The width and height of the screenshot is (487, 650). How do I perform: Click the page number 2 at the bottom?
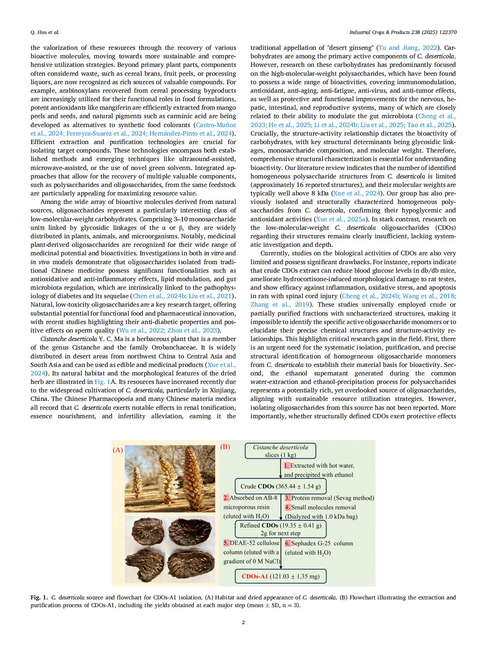(x=243, y=622)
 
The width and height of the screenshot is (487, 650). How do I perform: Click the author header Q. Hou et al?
(x=45, y=32)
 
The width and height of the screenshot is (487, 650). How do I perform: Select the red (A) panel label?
(x=118, y=450)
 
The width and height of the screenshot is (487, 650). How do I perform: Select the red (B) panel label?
(x=225, y=447)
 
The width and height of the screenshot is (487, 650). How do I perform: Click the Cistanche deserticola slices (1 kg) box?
(x=281, y=451)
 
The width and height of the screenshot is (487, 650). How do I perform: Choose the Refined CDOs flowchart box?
(x=281, y=529)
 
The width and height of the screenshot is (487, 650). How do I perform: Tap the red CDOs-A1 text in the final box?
(x=255, y=576)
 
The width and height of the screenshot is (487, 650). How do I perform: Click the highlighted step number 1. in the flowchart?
(x=287, y=466)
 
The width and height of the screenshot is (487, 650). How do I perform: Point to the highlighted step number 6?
(x=287, y=543)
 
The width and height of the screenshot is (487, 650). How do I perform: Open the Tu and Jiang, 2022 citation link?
(x=408, y=48)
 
